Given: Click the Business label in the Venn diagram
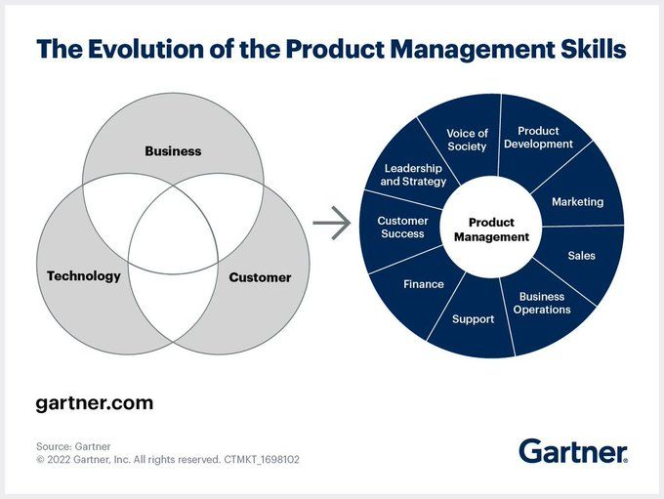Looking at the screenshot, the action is pos(173,151).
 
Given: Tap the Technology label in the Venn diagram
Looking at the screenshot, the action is pos(84,276).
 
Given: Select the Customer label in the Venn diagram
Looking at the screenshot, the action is pos(260,277).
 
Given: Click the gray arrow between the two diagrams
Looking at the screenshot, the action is pos(332,223).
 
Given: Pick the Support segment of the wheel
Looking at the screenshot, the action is pos(473,319).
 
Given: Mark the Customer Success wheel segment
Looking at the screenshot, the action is pos(402,228).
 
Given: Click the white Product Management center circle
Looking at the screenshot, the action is pos(491,228).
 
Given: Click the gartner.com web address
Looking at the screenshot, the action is pos(95,403).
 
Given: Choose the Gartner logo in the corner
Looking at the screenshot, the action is pos(573,451).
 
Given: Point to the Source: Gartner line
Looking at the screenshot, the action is pos(73,446).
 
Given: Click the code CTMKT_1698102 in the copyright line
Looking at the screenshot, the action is pos(262,460).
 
